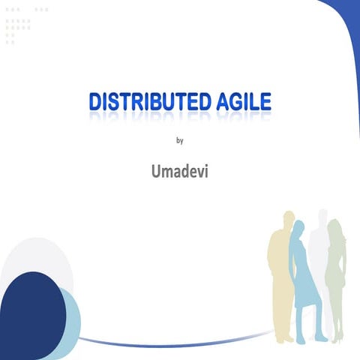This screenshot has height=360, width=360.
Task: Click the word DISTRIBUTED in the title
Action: pyautogui.click(x=146, y=103)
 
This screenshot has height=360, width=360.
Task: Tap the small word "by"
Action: pyautogui.click(x=179, y=139)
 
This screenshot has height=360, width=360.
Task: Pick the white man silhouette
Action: pyautogui.click(x=321, y=255)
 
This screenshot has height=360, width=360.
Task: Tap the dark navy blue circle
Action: pyautogui.click(x=30, y=315)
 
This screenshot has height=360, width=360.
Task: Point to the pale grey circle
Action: pyautogui.click(x=37, y=259)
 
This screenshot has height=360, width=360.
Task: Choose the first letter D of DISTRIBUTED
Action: pyautogui.click(x=95, y=103)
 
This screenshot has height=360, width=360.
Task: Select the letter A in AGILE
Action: pyautogui.click(x=217, y=103)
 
